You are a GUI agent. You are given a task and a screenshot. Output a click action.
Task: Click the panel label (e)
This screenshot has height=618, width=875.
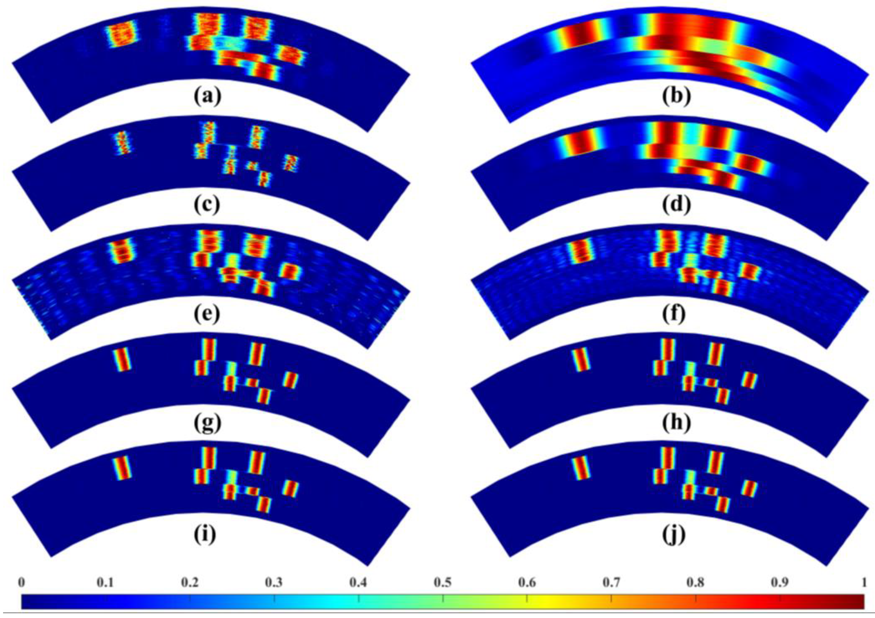(206, 314)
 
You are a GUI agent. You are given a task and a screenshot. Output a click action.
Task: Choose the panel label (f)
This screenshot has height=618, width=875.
(676, 314)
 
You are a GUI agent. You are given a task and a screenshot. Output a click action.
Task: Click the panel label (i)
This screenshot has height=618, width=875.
(206, 534)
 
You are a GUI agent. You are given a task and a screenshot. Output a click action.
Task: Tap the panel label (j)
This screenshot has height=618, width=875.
(676, 534)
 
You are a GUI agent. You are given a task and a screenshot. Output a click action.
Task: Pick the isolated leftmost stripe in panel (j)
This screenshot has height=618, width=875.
(581, 467)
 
